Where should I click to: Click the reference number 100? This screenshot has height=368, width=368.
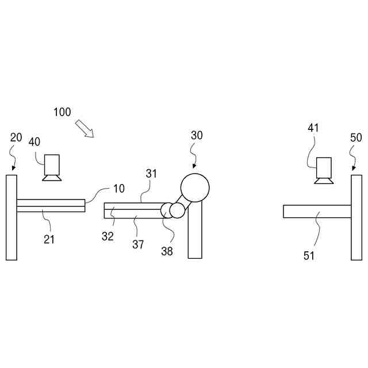click(63, 112)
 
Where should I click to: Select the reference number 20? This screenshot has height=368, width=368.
click(16, 137)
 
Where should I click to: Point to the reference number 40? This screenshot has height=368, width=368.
click(35, 142)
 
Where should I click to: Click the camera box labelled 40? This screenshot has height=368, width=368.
click(53, 165)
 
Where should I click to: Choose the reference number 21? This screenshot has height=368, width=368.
click(49, 239)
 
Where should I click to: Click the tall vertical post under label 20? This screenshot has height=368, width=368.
click(11, 217)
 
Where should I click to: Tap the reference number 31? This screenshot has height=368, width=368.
click(151, 172)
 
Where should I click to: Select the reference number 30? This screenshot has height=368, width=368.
click(197, 135)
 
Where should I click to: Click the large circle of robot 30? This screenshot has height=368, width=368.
click(195, 187)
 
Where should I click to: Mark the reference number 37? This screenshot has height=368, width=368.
click(138, 244)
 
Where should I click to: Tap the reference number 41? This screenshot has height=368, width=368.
click(313, 128)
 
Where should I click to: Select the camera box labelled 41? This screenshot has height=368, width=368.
click(324, 167)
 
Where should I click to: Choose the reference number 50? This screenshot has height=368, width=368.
click(356, 137)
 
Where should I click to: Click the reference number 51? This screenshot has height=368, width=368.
click(309, 256)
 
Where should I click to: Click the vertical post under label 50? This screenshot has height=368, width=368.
click(356, 217)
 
